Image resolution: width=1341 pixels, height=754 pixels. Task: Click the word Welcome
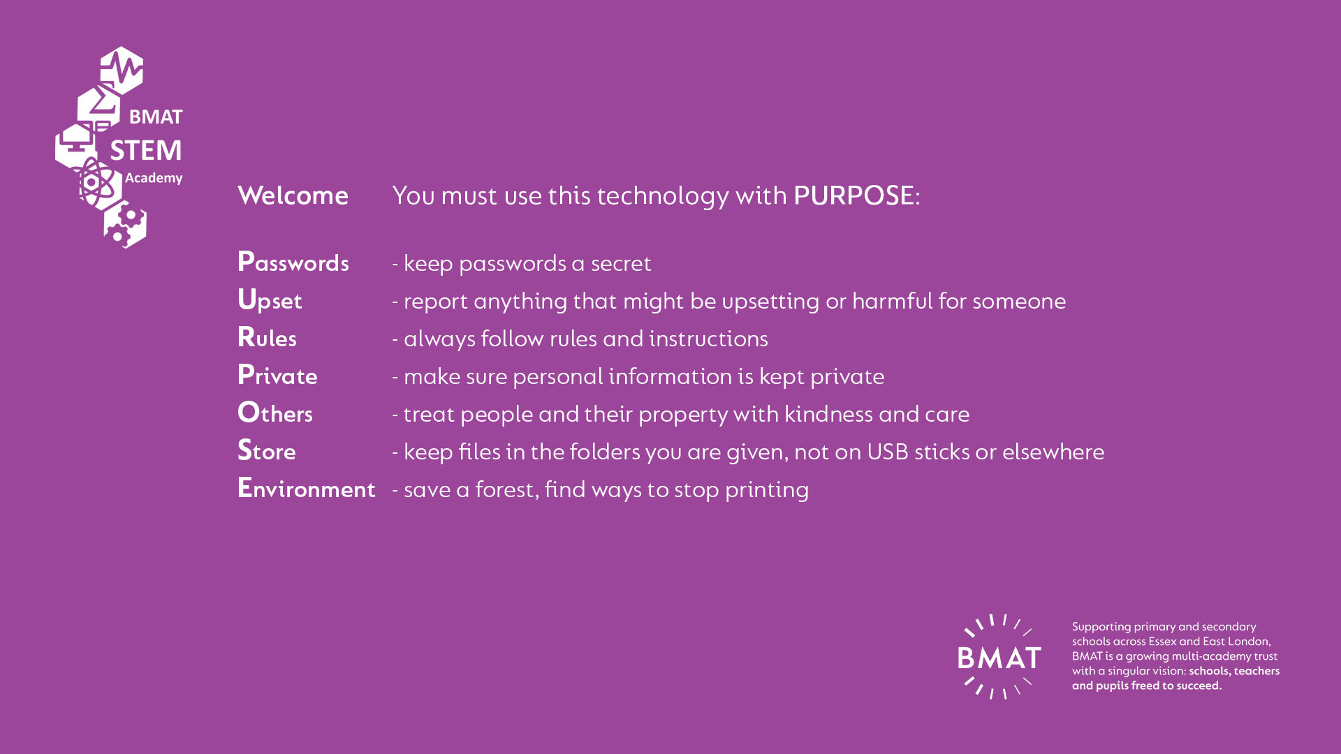(x=293, y=195)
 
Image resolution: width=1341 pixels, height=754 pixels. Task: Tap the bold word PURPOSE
(x=853, y=195)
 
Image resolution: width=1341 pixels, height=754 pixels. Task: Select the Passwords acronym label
(x=293, y=262)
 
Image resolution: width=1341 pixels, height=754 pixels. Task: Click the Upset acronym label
(x=270, y=300)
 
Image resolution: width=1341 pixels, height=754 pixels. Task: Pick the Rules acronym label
(x=267, y=337)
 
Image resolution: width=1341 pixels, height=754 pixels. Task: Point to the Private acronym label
(x=277, y=375)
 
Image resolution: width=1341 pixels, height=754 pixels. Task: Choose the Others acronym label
(x=275, y=413)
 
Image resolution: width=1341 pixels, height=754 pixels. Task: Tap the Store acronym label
(x=267, y=450)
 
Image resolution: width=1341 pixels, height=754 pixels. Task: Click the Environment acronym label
(x=307, y=488)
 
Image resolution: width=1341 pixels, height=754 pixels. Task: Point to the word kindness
(x=828, y=414)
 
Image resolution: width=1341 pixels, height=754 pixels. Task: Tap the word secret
(x=621, y=264)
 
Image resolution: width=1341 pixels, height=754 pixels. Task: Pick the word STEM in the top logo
(x=146, y=150)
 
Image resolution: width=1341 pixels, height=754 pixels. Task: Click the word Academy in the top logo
(x=154, y=178)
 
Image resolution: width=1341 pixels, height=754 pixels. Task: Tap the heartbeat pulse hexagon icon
(x=122, y=70)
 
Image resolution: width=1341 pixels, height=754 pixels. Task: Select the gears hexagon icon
(x=125, y=225)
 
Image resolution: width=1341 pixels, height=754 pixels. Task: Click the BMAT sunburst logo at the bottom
(x=999, y=657)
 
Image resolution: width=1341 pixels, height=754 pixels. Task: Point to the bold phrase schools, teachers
(x=1234, y=671)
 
